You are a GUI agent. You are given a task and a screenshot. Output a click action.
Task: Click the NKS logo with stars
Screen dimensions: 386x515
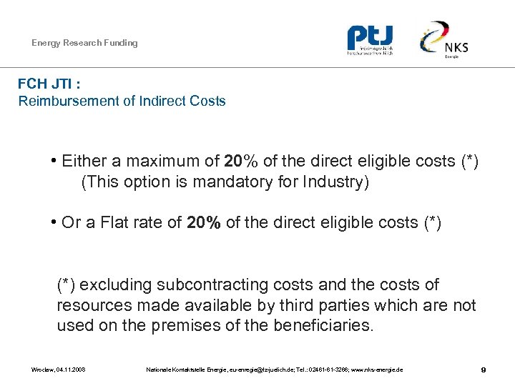tap(445, 40)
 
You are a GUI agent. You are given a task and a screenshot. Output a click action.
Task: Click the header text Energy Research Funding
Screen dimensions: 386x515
tap(84, 43)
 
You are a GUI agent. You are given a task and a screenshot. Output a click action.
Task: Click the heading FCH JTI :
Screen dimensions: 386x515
tap(49, 84)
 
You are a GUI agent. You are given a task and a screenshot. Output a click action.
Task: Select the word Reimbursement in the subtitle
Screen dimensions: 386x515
tap(69, 101)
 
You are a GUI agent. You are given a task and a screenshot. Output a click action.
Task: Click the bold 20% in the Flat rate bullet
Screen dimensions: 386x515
tap(204, 223)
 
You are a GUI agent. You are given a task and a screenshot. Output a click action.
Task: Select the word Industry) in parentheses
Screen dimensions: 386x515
tap(340, 182)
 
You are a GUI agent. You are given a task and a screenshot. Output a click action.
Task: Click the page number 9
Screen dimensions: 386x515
tap(484, 370)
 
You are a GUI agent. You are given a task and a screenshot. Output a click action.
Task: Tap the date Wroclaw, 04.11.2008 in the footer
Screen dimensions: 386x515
tap(58, 370)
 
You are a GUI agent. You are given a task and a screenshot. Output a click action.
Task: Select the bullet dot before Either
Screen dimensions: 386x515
tap(54, 162)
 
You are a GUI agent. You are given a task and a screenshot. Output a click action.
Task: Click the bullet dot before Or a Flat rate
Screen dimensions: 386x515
tap(54, 223)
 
